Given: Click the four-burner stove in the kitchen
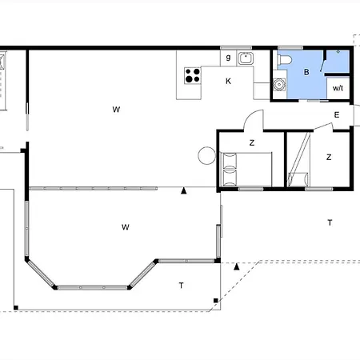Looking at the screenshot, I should pos(193,76).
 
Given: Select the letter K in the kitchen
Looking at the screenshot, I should pos(228,81).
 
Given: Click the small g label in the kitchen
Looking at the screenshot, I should pos(228,58).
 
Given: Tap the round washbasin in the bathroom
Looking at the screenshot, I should pos(279,83).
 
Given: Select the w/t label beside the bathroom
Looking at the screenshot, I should pos(338,88).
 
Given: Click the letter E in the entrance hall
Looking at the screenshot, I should pos(337,115).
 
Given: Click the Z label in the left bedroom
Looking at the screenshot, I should pos(251,142).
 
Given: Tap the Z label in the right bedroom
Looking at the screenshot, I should pos(328,158).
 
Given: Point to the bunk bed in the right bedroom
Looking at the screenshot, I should pos(299,160).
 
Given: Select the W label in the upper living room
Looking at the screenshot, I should pos(116,108).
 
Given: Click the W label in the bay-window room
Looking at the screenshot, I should pos(126,227).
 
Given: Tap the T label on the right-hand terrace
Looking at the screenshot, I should pos(329,222).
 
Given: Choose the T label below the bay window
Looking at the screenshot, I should pos(182,285).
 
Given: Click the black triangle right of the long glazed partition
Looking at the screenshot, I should pos(184,190).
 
